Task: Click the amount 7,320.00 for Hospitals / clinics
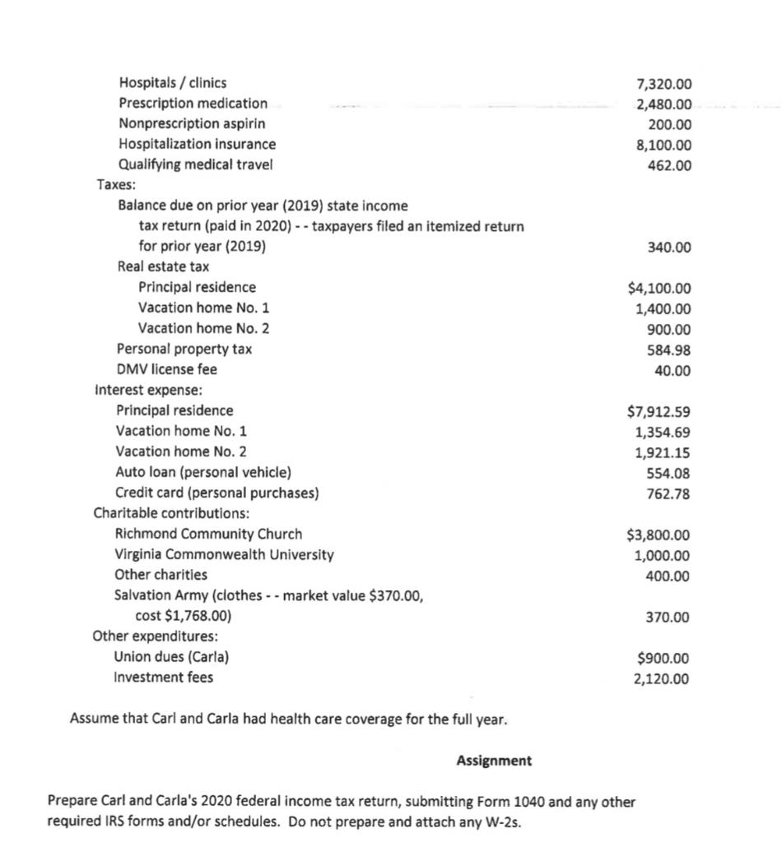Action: (664, 84)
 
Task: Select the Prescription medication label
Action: (193, 104)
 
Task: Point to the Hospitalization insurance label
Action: (198, 145)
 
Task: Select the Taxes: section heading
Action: (118, 185)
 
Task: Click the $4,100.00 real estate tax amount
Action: (659, 289)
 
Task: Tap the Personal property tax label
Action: (184, 349)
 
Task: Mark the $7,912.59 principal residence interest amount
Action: (659, 411)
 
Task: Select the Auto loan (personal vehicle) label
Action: (203, 473)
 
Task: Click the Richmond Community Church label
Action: (208, 534)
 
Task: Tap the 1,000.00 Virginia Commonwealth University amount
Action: (663, 556)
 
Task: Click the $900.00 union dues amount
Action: (664, 659)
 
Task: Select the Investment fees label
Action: (164, 678)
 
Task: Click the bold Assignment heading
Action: (494, 761)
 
